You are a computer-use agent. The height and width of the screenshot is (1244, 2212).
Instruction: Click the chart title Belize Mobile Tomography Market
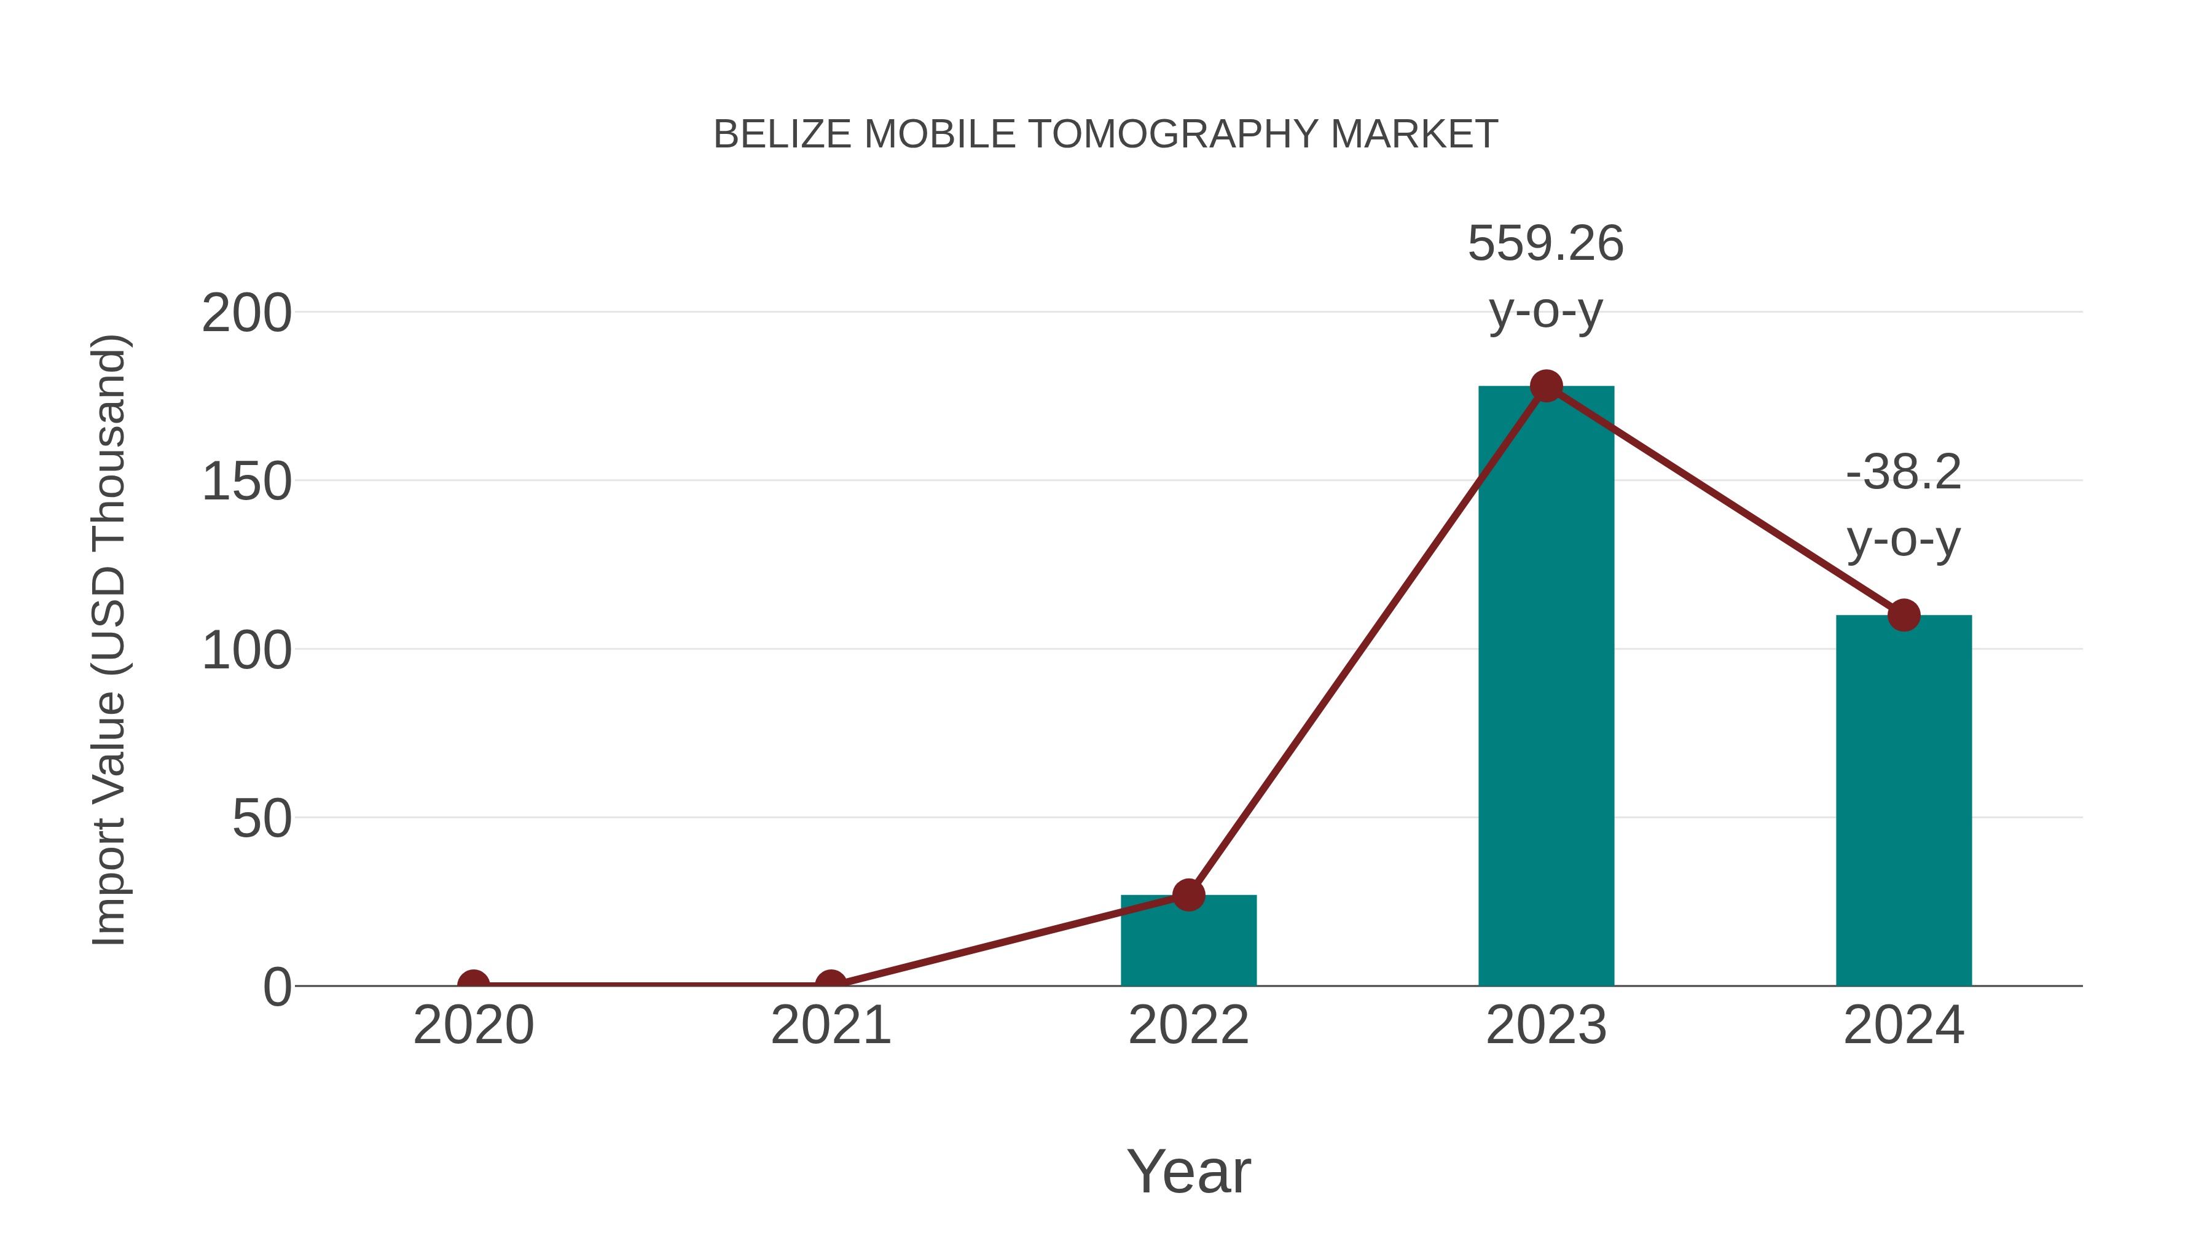[x=1105, y=135]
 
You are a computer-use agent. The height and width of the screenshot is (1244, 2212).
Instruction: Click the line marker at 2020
[x=473, y=984]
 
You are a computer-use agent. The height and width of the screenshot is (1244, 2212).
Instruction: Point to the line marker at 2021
[x=830, y=984]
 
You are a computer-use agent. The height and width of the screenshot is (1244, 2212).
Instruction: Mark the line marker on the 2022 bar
[x=1188, y=894]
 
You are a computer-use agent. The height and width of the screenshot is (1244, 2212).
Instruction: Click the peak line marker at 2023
[x=1546, y=386]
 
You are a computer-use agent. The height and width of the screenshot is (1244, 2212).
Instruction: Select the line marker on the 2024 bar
[x=1904, y=615]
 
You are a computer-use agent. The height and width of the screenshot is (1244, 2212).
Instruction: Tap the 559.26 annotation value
[x=1546, y=244]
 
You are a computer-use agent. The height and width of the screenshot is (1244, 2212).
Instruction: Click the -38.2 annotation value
[x=1904, y=472]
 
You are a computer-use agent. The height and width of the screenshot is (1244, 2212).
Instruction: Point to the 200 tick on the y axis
[x=246, y=313]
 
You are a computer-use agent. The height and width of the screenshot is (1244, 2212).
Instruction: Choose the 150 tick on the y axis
[x=246, y=482]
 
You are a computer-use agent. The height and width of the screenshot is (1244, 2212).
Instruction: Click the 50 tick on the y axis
[x=262, y=819]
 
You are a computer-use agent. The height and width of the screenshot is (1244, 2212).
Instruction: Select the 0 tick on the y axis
[x=277, y=987]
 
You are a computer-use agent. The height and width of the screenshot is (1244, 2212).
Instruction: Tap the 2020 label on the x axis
[x=473, y=1026]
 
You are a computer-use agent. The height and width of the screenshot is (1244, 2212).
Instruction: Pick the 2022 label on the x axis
[x=1188, y=1026]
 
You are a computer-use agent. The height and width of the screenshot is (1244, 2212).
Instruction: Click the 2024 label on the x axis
[x=1904, y=1026]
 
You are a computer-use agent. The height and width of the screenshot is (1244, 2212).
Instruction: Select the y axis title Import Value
[x=110, y=640]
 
